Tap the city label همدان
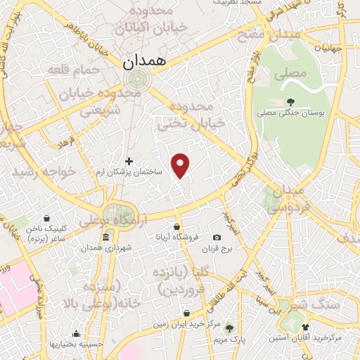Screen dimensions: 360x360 click(x=146, y=62)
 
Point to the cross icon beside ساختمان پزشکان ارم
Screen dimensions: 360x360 click(x=128, y=161)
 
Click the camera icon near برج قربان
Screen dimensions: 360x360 click(x=217, y=238)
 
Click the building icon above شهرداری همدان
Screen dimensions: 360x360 click(x=105, y=238)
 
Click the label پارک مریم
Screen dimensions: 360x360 click(x=247, y=339)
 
